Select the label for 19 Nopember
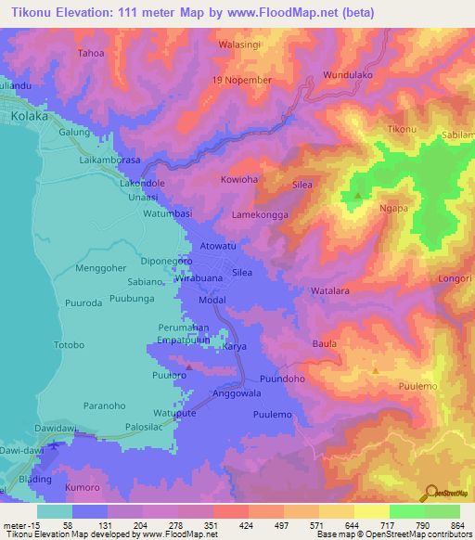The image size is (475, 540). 242,80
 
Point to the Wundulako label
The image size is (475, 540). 348,74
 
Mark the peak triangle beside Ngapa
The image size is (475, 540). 358,196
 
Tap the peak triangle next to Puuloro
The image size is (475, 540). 188,366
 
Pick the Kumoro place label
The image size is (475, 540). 82,485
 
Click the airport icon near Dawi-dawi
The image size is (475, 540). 54,445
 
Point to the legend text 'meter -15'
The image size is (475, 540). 19,525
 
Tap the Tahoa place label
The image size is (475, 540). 91,53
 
